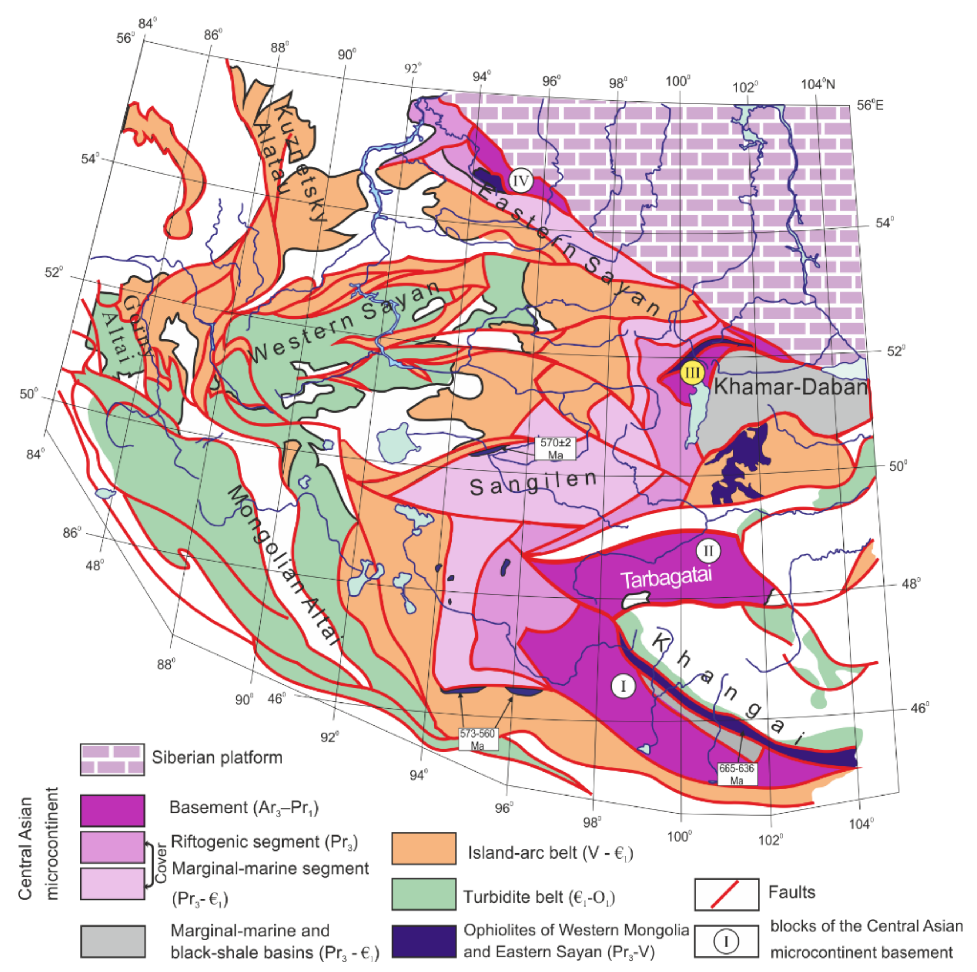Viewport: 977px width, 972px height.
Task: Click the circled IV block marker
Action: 521,180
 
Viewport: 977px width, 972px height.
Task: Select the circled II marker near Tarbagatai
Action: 708,550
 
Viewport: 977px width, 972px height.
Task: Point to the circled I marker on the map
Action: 623,686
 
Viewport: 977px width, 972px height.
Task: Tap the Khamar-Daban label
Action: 790,387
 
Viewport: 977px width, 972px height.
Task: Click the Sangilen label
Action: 533,483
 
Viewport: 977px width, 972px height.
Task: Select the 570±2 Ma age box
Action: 555,448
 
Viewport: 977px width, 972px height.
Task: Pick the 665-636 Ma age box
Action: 736,774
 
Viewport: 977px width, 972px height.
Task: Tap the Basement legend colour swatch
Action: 112,810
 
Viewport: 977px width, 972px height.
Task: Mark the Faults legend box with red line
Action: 726,894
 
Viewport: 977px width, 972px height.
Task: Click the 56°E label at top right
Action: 870,105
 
